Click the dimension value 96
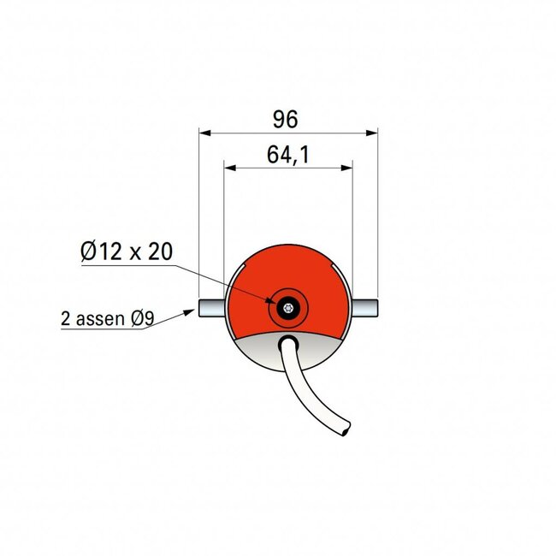[287, 120]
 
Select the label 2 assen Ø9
[108, 320]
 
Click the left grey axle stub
[210, 306]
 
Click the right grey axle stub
[363, 306]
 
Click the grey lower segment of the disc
[257, 351]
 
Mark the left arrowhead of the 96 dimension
[204, 132]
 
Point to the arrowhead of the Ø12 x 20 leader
[276, 303]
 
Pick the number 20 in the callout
[161, 251]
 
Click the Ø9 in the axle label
[142, 320]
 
